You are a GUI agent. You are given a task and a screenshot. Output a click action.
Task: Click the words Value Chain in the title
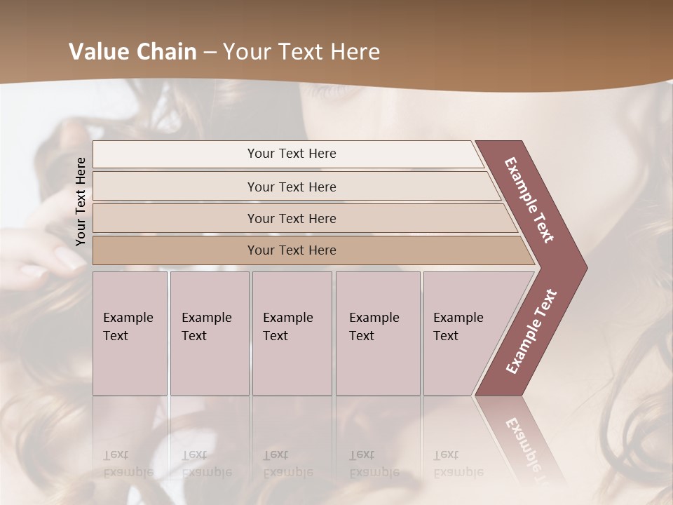(x=132, y=52)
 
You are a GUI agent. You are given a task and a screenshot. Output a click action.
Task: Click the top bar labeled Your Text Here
(x=291, y=154)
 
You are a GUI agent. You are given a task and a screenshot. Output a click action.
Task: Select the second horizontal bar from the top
(x=291, y=187)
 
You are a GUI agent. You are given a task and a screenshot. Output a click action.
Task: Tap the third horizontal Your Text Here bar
(x=291, y=218)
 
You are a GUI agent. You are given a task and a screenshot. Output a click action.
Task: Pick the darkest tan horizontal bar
(x=291, y=250)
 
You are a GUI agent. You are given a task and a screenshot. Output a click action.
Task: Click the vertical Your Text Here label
(x=81, y=201)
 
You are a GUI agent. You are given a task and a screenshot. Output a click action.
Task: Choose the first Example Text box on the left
(x=130, y=332)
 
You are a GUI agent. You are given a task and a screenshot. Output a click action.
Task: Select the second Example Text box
(x=209, y=332)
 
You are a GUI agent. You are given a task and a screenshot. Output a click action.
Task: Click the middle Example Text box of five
(x=291, y=332)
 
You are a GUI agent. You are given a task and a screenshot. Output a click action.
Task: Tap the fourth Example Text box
(x=377, y=332)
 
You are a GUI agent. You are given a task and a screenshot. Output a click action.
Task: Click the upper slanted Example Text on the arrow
(x=529, y=200)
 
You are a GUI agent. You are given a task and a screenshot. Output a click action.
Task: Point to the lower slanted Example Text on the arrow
(x=531, y=332)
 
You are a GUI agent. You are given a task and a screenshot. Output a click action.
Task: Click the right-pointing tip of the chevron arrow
(x=583, y=268)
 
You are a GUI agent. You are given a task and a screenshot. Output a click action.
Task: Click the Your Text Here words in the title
(x=301, y=52)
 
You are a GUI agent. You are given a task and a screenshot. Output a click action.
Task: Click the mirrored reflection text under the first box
(x=128, y=464)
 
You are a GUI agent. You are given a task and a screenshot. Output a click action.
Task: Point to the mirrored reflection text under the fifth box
(x=458, y=464)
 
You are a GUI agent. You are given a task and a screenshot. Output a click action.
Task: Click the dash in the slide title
(x=210, y=52)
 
